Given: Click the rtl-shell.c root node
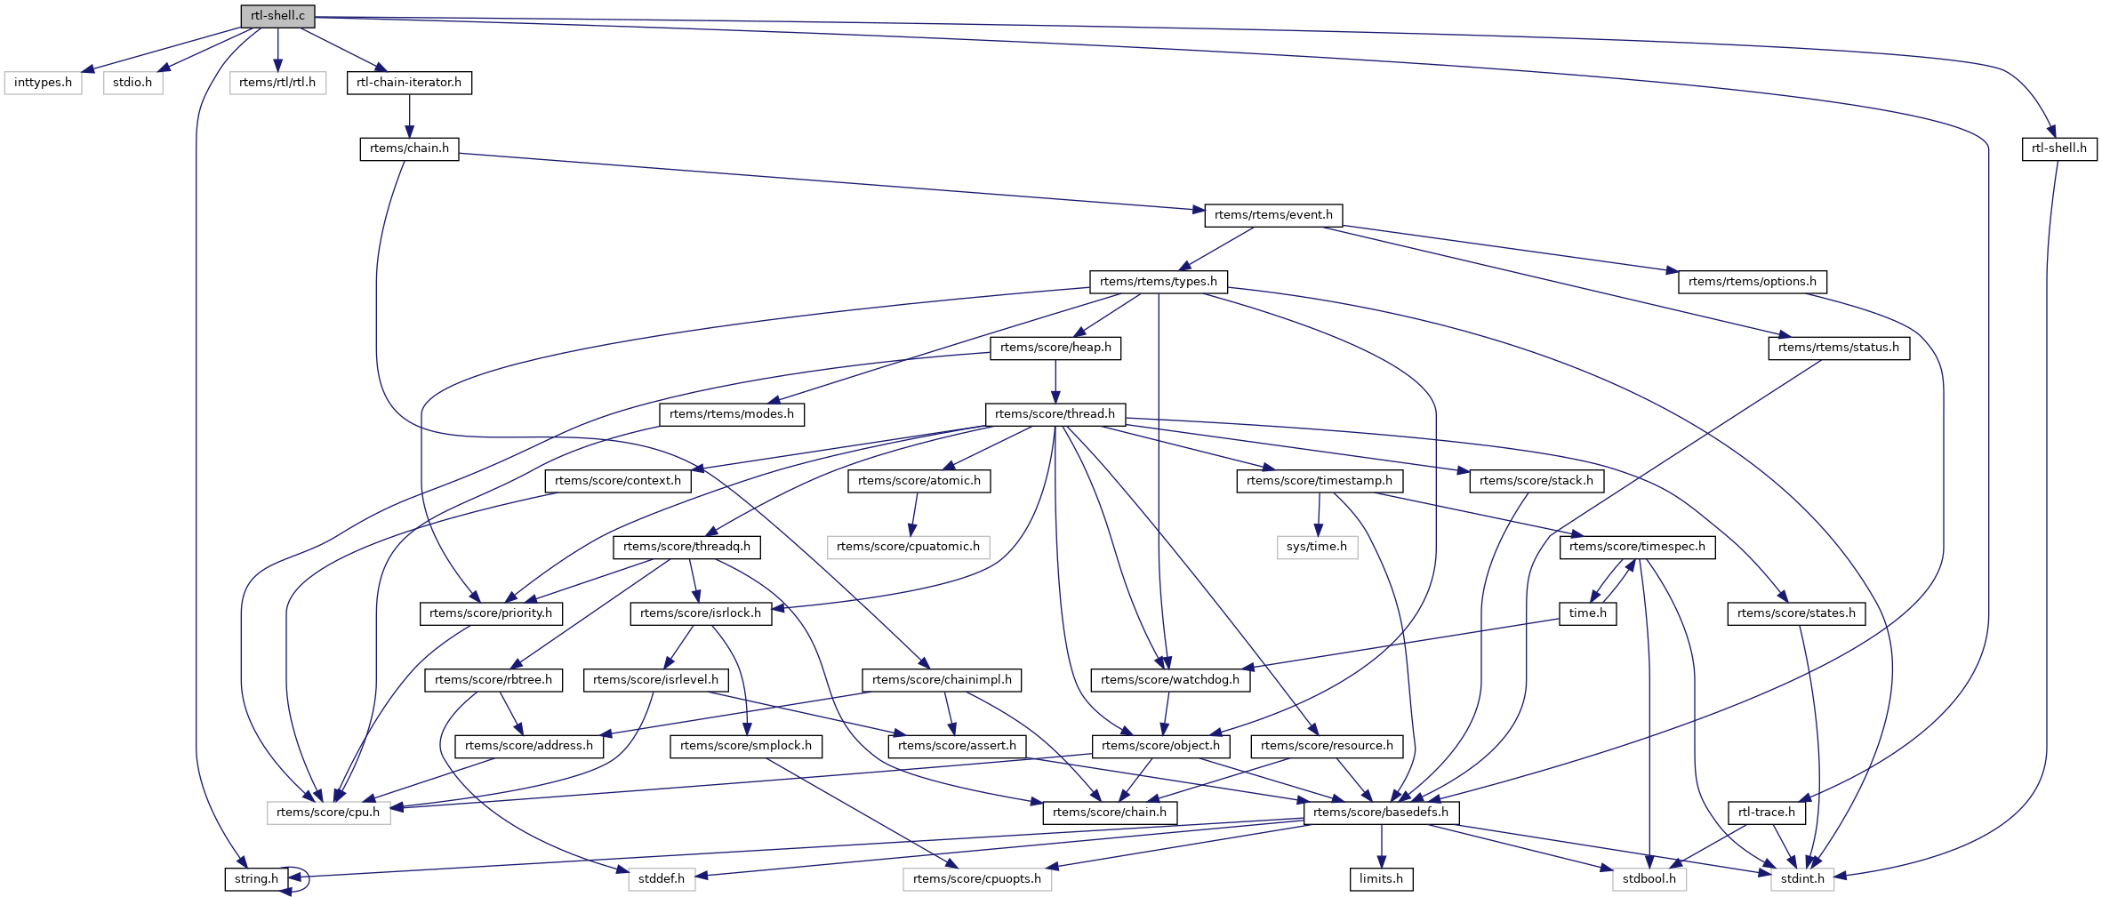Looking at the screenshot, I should point(277,16).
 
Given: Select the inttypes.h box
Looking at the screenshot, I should point(43,83).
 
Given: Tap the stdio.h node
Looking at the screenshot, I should point(132,83).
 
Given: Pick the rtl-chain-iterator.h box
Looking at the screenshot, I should point(409,83).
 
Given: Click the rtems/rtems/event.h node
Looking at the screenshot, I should point(1273,215).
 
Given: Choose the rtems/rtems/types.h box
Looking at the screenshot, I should point(1158,282).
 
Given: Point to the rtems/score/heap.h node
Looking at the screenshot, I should point(1055,348).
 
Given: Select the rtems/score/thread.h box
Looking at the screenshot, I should point(1055,414).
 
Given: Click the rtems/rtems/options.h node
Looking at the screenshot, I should point(1752,282).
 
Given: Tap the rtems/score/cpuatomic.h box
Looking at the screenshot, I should point(908,547).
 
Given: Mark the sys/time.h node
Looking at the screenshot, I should point(1316,547).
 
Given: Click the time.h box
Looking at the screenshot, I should point(1587,613).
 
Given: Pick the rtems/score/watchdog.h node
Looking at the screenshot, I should point(1170,680).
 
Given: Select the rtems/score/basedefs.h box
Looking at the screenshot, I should point(1380,813).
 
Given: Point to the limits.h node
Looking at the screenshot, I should point(1381,879).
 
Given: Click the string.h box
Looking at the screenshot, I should point(256,879).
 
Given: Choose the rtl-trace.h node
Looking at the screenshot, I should point(1766,813).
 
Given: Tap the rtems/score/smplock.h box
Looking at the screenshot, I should point(745,746).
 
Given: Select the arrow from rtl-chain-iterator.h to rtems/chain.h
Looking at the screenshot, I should point(409,116).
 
